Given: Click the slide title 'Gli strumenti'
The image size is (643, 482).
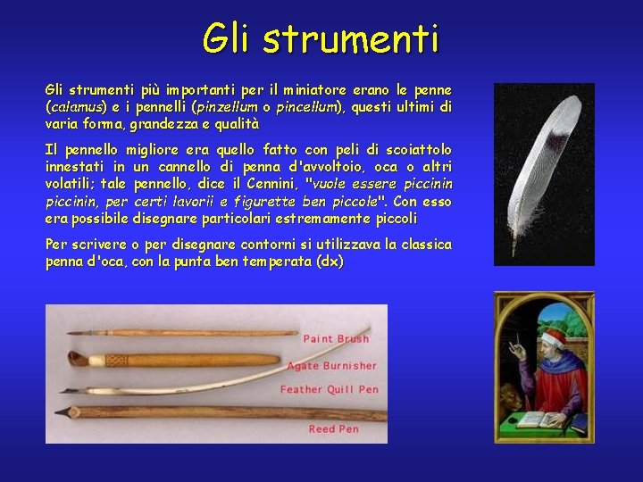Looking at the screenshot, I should pyautogui.click(x=321, y=38).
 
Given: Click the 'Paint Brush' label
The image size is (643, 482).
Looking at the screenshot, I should pyautogui.click(x=337, y=338).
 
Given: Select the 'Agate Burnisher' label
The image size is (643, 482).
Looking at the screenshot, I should pyautogui.click(x=331, y=365).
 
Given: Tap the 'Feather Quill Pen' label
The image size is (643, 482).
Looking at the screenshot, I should pyautogui.click(x=330, y=389).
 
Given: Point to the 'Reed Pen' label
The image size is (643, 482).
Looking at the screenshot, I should pyautogui.click(x=334, y=428).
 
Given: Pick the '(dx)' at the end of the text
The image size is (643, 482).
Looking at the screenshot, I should pyautogui.click(x=330, y=262).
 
